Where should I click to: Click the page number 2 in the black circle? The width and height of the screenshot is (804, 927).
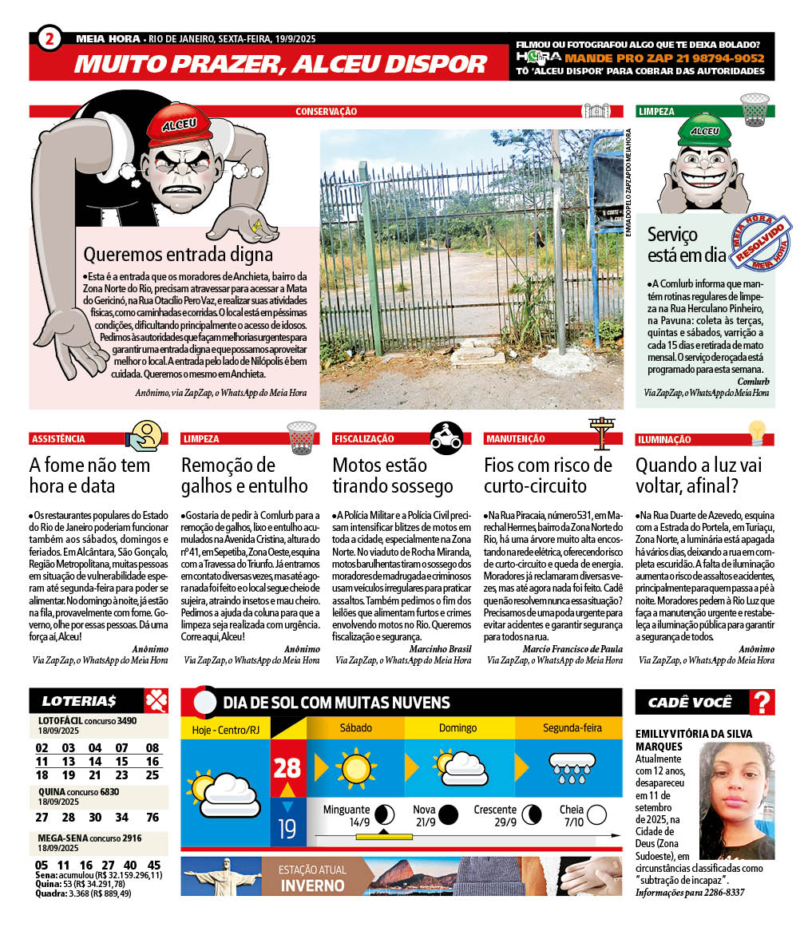point(50,38)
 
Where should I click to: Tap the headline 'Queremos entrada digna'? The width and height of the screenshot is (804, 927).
point(178,255)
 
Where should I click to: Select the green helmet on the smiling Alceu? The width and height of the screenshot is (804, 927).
point(704,129)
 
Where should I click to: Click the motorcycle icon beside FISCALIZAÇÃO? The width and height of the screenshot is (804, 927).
point(446,437)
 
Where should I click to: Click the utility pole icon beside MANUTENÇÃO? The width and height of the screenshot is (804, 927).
point(600,433)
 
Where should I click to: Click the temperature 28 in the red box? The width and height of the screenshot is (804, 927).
point(287,768)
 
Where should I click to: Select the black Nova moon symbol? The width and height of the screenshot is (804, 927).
point(448,814)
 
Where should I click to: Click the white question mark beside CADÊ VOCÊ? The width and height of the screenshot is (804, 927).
point(762,702)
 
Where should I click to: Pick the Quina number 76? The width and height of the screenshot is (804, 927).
point(152,817)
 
